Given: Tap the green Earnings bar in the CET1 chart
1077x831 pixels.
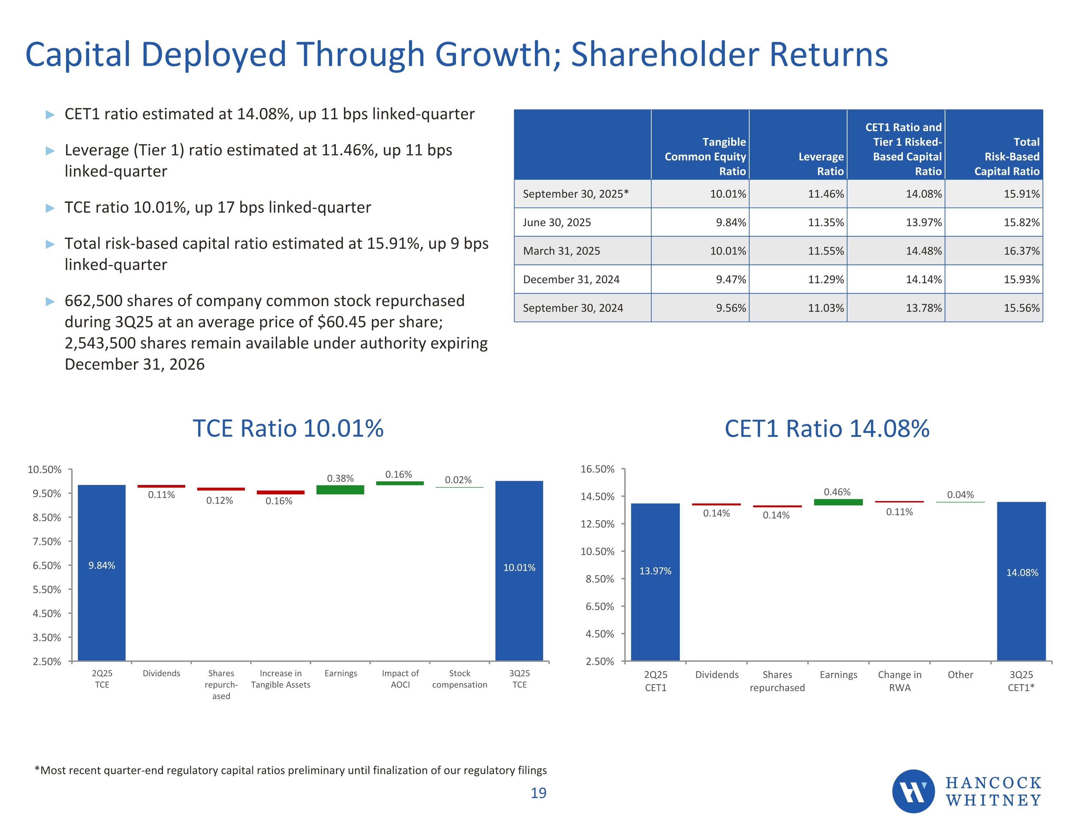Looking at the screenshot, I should tap(838, 502).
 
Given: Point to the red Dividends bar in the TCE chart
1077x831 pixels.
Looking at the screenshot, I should tap(161, 486).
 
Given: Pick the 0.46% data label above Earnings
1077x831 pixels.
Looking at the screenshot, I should tap(837, 492).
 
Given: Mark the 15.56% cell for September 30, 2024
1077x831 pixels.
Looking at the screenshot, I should tap(1021, 308).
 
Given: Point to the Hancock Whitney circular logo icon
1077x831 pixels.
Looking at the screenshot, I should tap(913, 791).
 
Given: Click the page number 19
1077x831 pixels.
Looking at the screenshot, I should tap(538, 793).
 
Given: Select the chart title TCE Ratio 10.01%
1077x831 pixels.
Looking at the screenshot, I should tap(288, 428).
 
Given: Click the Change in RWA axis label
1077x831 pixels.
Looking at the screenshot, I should tap(899, 681).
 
